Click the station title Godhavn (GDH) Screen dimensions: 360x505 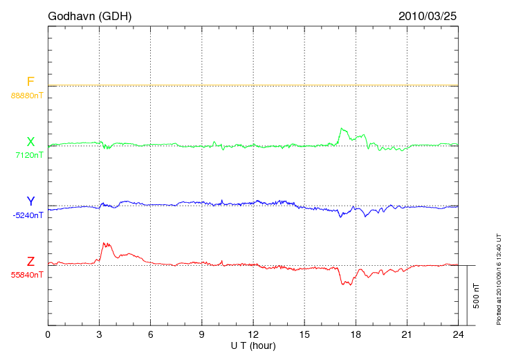pyautogui.click(x=89, y=15)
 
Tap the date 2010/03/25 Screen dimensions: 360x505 pyautogui.click(x=428, y=15)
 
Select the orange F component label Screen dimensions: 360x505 pyautogui.click(x=30, y=82)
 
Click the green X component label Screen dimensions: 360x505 pyautogui.click(x=30, y=142)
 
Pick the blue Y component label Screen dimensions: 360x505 pyautogui.click(x=30, y=201)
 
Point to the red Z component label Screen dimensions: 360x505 pyautogui.click(x=30, y=262)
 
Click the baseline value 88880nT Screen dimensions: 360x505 pyautogui.click(x=27, y=96)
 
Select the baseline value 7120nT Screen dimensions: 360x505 pyautogui.click(x=29, y=155)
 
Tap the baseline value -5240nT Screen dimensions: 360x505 pyautogui.click(x=28, y=215)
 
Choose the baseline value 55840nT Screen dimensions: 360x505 pyautogui.click(x=27, y=275)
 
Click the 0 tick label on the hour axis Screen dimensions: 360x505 pyautogui.click(x=48, y=335)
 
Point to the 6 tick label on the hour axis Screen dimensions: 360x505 pyautogui.click(x=150, y=335)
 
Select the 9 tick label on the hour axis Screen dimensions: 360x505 pyautogui.click(x=201, y=335)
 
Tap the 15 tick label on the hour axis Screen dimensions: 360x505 pyautogui.click(x=304, y=335)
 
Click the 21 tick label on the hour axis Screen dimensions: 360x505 pyautogui.click(x=407, y=335)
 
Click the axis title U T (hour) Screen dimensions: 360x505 pyautogui.click(x=253, y=345)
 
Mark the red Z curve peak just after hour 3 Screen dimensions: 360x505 pyautogui.click(x=104, y=243)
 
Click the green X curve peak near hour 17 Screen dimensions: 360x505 pyautogui.click(x=341, y=128)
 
